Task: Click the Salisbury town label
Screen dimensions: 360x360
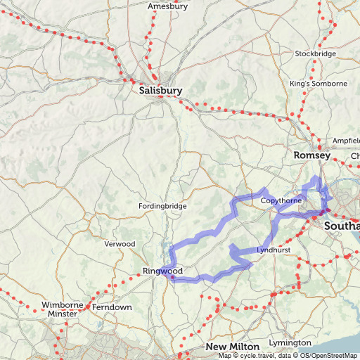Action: click(x=160, y=91)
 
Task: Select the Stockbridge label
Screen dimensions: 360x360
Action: click(x=313, y=53)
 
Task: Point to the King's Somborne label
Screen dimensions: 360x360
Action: click(x=319, y=84)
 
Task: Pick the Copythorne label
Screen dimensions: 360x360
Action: click(x=281, y=200)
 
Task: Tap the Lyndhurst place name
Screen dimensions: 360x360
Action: click(x=274, y=250)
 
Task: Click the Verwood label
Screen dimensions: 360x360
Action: click(x=120, y=243)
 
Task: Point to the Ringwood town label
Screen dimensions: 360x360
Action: click(x=162, y=271)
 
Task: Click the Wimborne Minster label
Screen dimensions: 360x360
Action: click(x=62, y=309)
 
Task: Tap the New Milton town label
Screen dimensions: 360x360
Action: click(x=233, y=347)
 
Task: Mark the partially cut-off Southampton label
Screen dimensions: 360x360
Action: click(x=341, y=226)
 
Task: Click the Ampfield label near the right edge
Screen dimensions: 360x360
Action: click(x=346, y=140)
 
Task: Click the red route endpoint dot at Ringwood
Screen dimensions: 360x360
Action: click(x=172, y=277)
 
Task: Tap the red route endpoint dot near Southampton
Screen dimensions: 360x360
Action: click(x=325, y=211)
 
